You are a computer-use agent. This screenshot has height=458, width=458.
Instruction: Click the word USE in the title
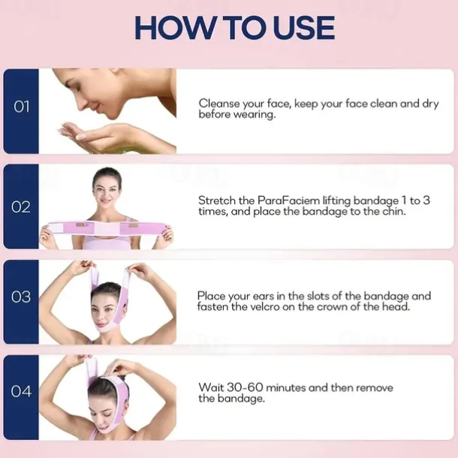[x=304, y=28]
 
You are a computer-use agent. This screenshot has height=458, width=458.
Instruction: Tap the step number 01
[x=21, y=107]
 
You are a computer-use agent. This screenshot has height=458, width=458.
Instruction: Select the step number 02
[x=21, y=207]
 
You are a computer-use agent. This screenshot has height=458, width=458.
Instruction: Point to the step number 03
[x=21, y=297]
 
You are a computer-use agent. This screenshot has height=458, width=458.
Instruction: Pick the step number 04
[x=21, y=391]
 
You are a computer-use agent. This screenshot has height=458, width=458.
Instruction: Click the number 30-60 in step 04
[x=245, y=388]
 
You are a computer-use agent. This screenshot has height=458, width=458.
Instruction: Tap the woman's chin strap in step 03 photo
[x=106, y=327]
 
